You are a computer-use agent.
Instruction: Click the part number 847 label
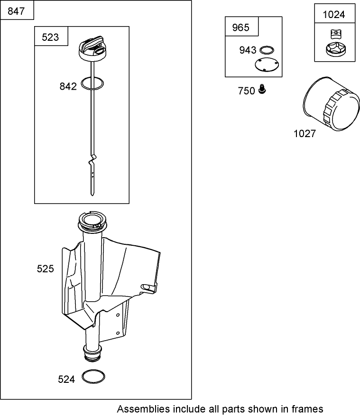pyautogui.click(x=17, y=10)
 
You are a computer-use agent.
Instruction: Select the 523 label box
pyautogui.click(x=51, y=37)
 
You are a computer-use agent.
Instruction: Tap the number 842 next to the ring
pyautogui.click(x=68, y=86)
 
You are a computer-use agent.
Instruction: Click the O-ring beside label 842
pyautogui.click(x=92, y=83)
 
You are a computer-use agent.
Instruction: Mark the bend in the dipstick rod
pyautogui.click(x=92, y=158)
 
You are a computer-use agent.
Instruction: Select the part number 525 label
pyautogui.click(x=46, y=269)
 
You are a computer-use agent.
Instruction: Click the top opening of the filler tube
pyautogui.click(x=90, y=220)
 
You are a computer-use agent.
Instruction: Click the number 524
pyautogui.click(x=66, y=380)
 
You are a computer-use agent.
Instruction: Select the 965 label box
pyautogui.click(x=240, y=28)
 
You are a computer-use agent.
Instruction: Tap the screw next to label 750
pyautogui.click(x=262, y=89)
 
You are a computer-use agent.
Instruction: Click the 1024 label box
pyautogui.click(x=333, y=14)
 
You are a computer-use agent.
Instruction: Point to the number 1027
pyautogui.click(x=304, y=134)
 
